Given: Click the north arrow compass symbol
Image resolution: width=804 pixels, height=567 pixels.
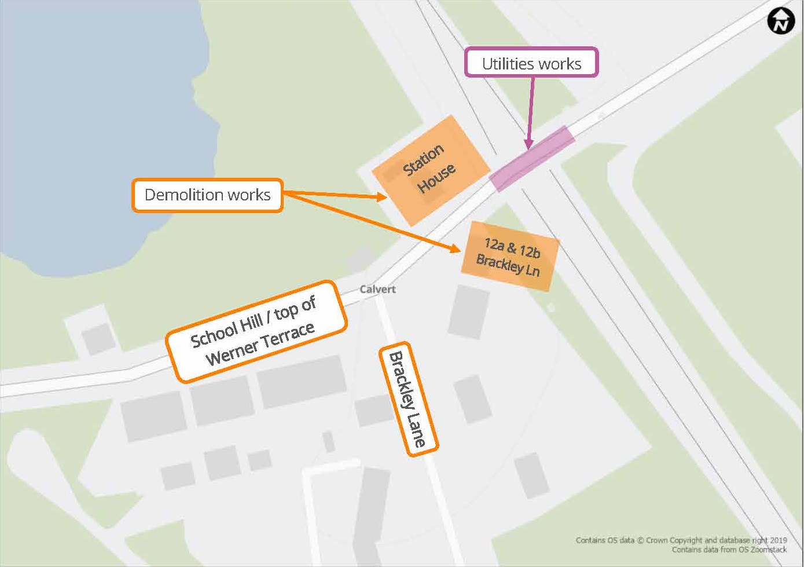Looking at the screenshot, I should click(781, 21).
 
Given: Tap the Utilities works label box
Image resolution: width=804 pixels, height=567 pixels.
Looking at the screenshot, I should click(531, 63).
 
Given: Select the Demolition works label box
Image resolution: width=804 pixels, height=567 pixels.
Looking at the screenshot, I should click(207, 195).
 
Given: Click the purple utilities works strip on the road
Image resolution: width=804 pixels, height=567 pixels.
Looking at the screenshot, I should click(532, 158).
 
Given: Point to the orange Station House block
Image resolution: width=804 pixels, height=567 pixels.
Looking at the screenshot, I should click(431, 170).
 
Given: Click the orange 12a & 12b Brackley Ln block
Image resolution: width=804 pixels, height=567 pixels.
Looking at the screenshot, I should click(510, 256).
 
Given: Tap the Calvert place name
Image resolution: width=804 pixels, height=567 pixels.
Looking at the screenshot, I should click(377, 289).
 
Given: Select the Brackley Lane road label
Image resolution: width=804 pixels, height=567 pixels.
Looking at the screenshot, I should click(409, 399).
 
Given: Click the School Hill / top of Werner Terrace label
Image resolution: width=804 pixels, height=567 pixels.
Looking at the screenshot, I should click(256, 332).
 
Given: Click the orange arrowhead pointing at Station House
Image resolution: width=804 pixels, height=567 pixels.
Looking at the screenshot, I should click(381, 197).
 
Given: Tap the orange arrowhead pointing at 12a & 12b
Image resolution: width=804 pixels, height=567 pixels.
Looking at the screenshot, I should click(455, 249).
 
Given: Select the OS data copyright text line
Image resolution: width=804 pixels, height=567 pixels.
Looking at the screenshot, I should click(681, 540).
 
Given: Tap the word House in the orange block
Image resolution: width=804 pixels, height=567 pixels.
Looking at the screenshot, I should click(436, 178).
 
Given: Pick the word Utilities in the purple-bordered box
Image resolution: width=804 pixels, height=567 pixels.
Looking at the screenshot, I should click(504, 64).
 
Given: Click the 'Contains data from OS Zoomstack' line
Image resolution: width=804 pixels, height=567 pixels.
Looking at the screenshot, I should click(729, 550).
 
